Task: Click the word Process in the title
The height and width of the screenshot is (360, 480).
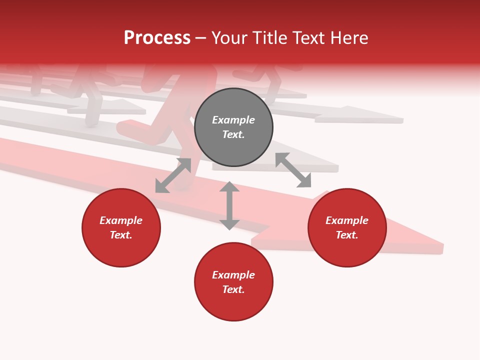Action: pyautogui.click(x=157, y=38)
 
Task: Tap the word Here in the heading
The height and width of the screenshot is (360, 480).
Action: pyautogui.click(x=348, y=38)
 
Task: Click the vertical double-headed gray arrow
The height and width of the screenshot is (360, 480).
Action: pyautogui.click(x=229, y=205)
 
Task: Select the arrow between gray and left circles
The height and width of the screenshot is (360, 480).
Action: pyautogui.click(x=173, y=175)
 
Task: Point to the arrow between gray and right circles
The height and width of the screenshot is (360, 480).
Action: pyautogui.click(x=293, y=170)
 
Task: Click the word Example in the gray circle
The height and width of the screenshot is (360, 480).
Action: pyautogui.click(x=233, y=120)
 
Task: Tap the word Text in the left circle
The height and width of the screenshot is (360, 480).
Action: pyautogui.click(x=121, y=235)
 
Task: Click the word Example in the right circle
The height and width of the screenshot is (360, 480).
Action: pyautogui.click(x=347, y=220)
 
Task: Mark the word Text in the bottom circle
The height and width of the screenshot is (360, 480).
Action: pyautogui.click(x=233, y=289)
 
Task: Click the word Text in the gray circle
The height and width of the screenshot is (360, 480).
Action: pyautogui.click(x=233, y=134)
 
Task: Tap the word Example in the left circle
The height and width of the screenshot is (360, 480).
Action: pyautogui.click(x=121, y=220)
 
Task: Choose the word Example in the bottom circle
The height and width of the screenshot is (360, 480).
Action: pyautogui.click(x=233, y=275)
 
